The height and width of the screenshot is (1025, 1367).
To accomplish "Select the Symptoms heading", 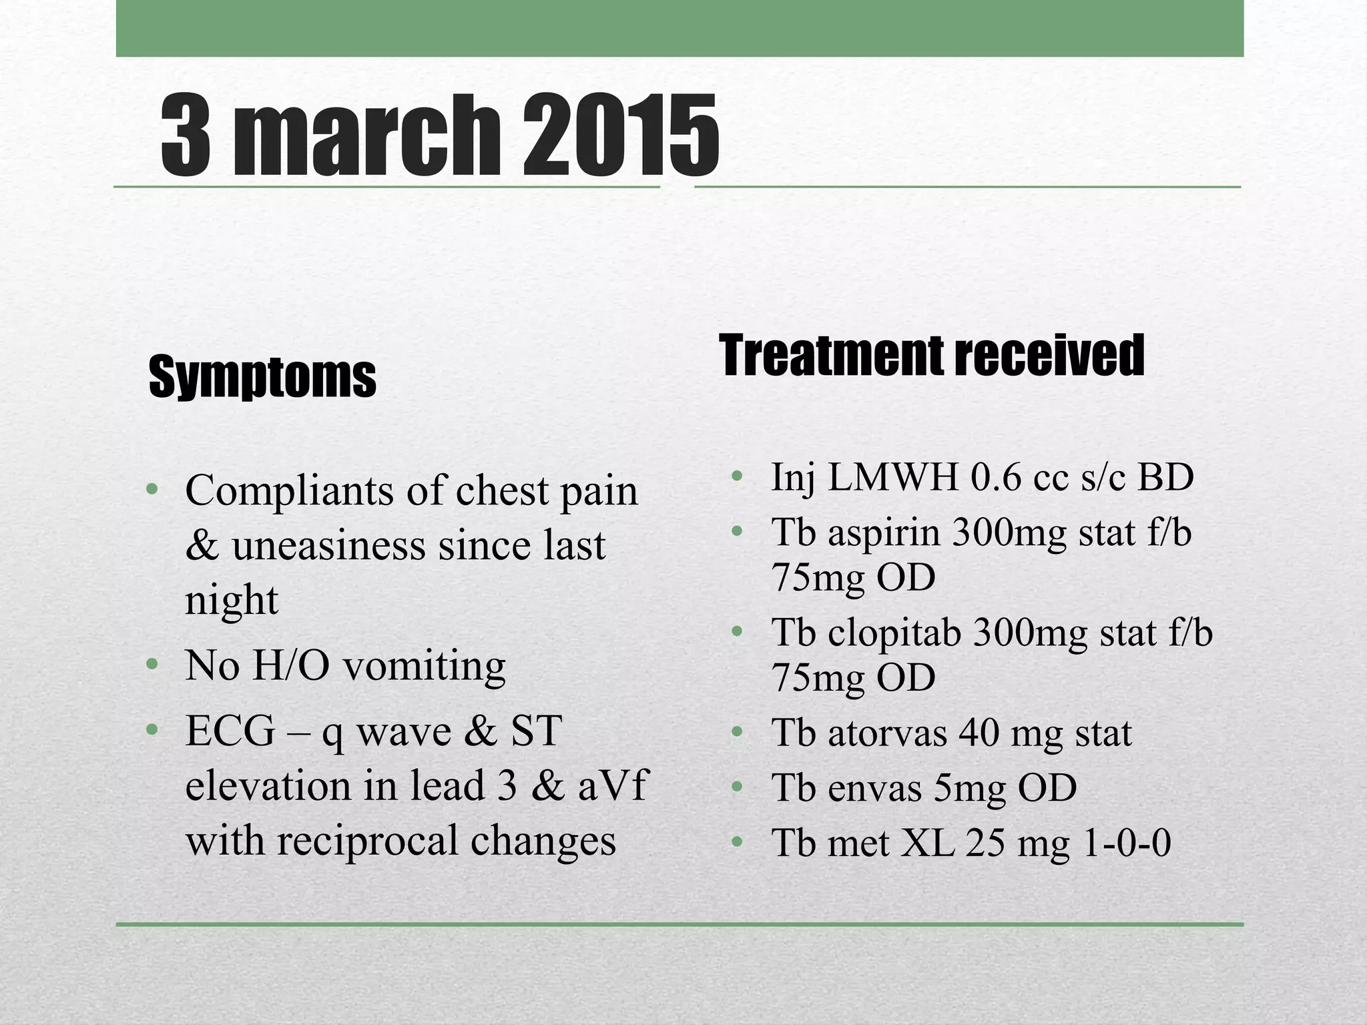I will pyautogui.click(x=262, y=377).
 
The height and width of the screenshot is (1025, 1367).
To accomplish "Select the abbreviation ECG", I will pyautogui.click(x=230, y=731).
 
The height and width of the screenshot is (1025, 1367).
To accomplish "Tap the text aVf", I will pyautogui.click(x=613, y=785).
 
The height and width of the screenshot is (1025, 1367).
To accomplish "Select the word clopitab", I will pyautogui.click(x=894, y=633).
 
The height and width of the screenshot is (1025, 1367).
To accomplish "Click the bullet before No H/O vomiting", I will pyautogui.click(x=152, y=665).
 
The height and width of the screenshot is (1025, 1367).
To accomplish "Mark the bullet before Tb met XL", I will pyautogui.click(x=737, y=841).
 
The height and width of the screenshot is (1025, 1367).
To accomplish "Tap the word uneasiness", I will pyautogui.click(x=328, y=546).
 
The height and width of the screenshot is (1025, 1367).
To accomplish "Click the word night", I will pyautogui.click(x=231, y=601).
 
